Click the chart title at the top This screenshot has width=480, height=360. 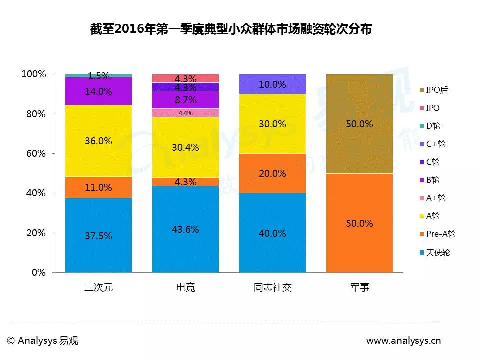pos(230,29)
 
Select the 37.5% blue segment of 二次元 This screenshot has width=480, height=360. pos(98,235)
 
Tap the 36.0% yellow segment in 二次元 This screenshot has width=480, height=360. pos(98,141)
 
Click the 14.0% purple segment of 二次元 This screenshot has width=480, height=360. pos(98,91)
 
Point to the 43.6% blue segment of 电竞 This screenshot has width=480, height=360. pos(185,229)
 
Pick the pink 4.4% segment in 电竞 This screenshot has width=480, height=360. pos(185,113)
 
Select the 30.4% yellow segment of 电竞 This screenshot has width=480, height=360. pos(185,147)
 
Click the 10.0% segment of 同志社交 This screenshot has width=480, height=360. pos(272,84)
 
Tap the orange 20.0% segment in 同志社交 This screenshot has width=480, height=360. pos(272,173)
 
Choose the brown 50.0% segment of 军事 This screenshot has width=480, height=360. pos(359,124)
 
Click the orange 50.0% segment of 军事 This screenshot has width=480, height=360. pos(359,223)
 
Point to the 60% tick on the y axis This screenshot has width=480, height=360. pos(37,154)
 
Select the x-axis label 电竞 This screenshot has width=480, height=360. pos(185,287)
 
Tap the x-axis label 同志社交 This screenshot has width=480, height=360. pos(272,287)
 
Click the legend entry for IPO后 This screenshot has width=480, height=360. pos(433,90)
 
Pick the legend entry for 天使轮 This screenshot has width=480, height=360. pos(434,252)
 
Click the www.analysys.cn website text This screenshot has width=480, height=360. pos(403,341)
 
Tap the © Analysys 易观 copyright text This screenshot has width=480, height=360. pos(43,341)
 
